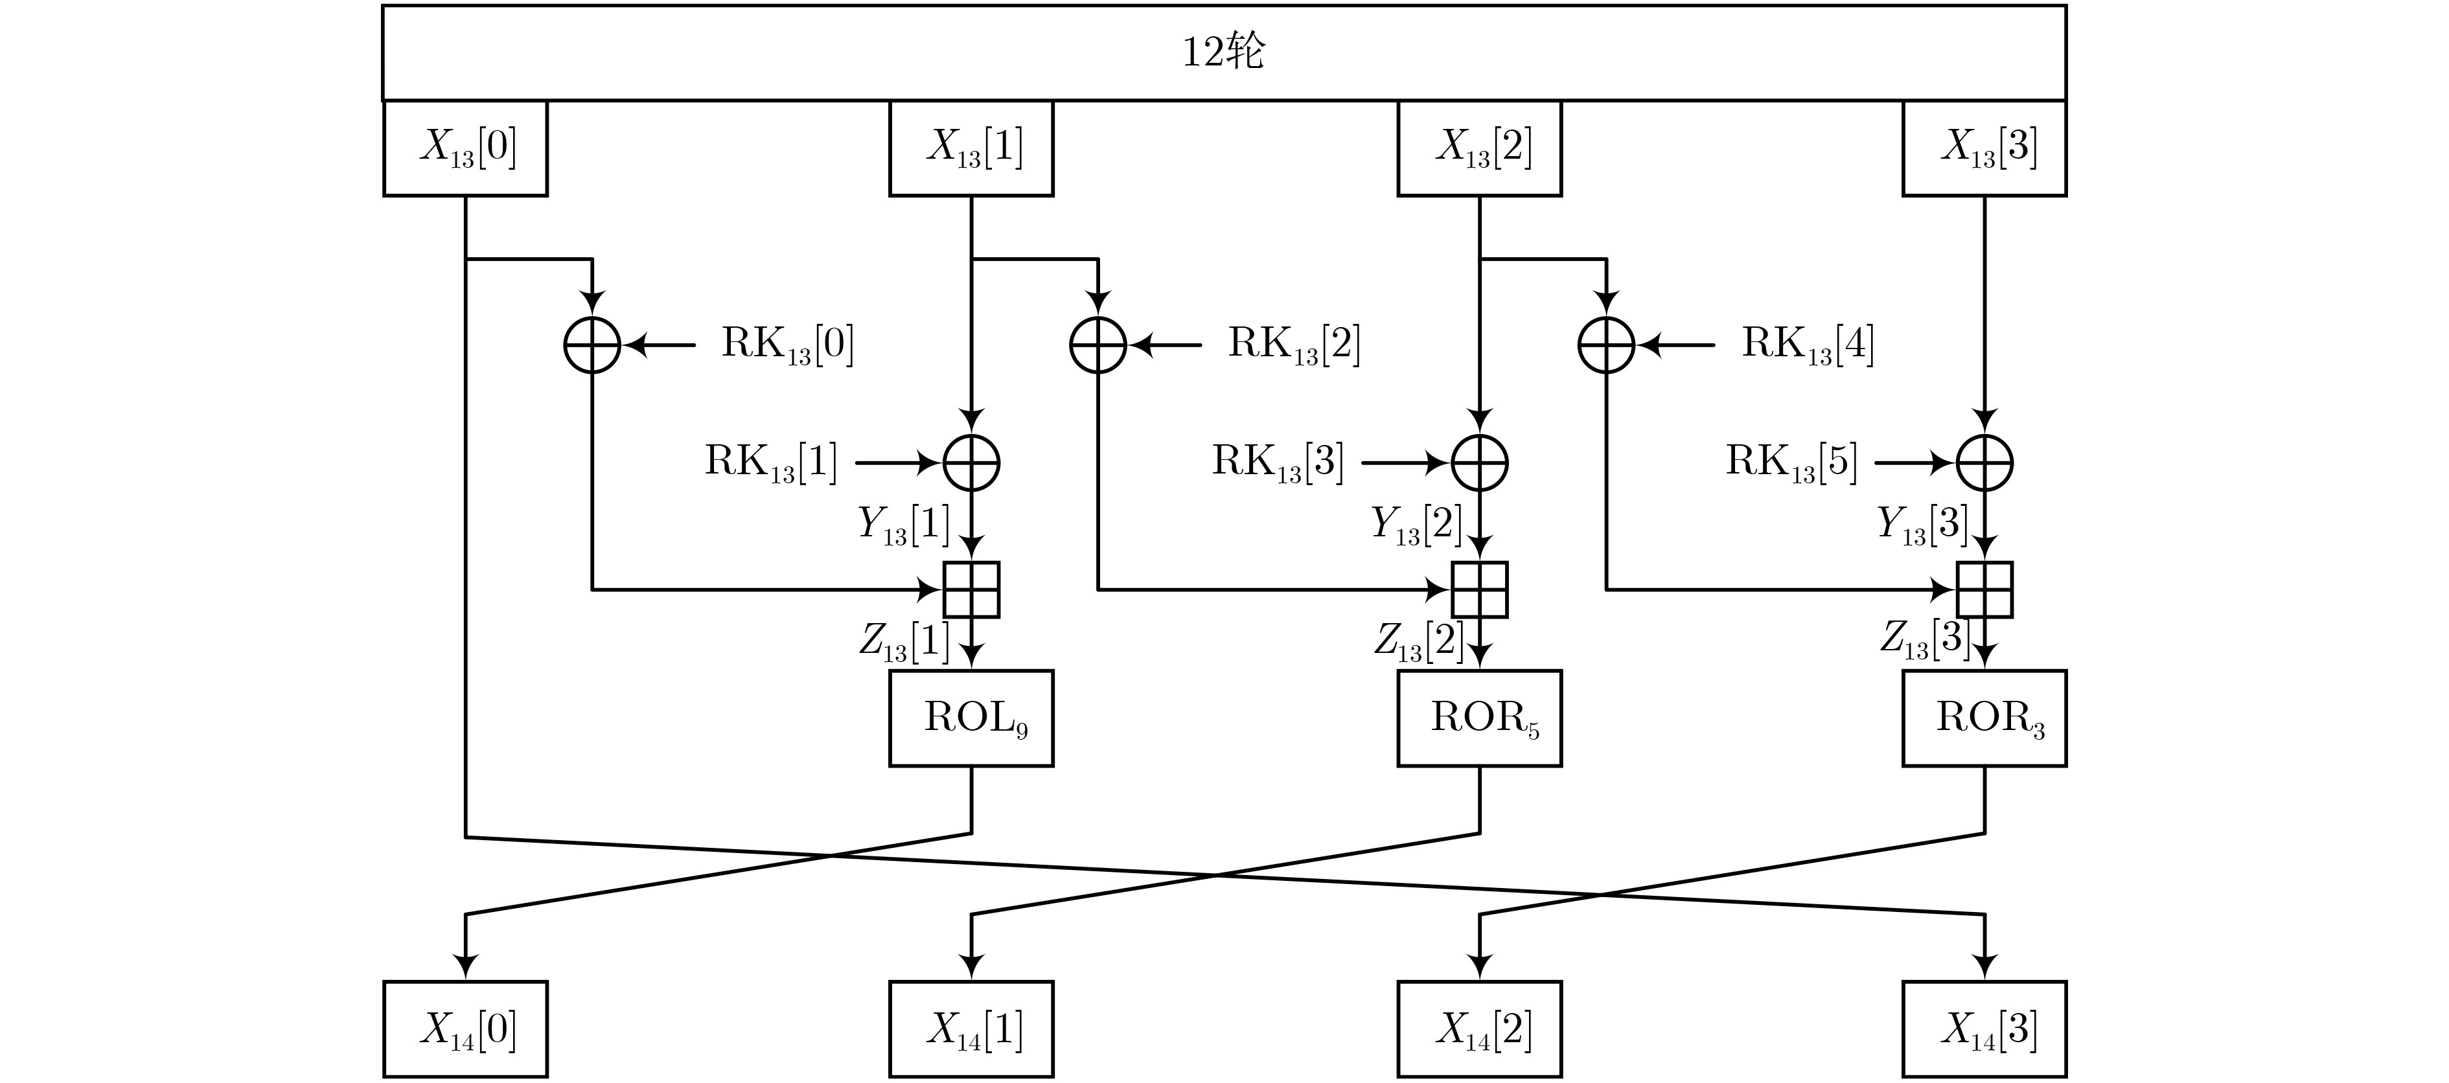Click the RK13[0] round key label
point(788,344)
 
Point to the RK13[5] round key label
point(1792,462)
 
